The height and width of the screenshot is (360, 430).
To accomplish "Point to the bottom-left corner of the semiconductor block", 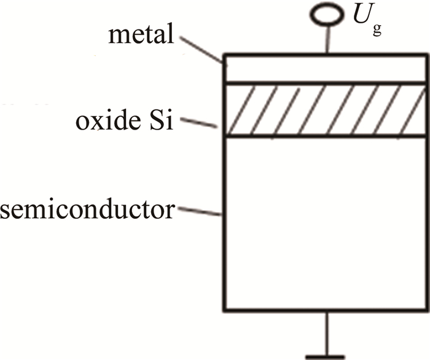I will coord(224,310).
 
